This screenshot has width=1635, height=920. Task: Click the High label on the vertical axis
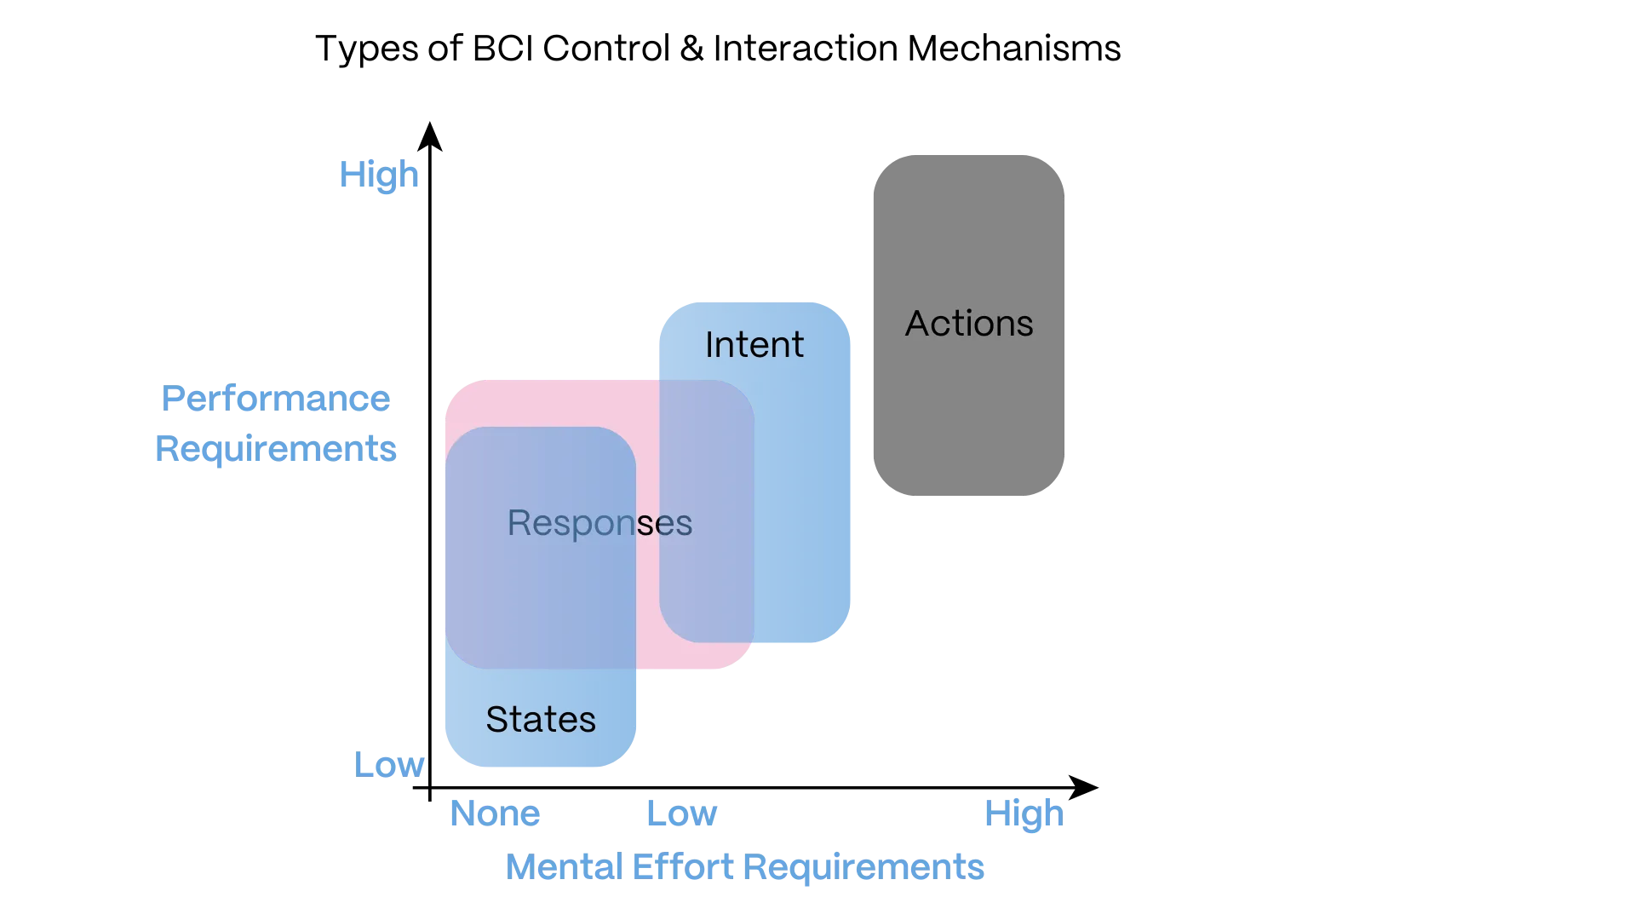[x=380, y=175]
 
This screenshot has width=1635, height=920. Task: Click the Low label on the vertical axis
[x=389, y=764]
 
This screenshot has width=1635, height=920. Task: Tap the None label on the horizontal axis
[x=495, y=814]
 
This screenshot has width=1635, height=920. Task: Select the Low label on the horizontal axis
[x=683, y=814]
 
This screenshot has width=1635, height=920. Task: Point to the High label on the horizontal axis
[x=1022, y=815]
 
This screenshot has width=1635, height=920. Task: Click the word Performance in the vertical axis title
[x=277, y=400]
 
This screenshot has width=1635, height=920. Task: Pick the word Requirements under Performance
[x=277, y=448]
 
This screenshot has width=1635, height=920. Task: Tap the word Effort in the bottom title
[x=683, y=867]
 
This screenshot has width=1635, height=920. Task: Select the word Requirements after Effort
[x=863, y=867]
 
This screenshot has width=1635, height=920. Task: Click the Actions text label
[x=969, y=324]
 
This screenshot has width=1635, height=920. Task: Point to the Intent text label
[x=754, y=345]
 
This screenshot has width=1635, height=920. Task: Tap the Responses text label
[x=599, y=523]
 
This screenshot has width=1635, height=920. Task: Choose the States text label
[x=541, y=720]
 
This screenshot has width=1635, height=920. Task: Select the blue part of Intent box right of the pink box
[x=802, y=511]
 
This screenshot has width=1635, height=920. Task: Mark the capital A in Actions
[x=917, y=324]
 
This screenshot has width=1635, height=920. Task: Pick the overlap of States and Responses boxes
[x=540, y=596]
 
